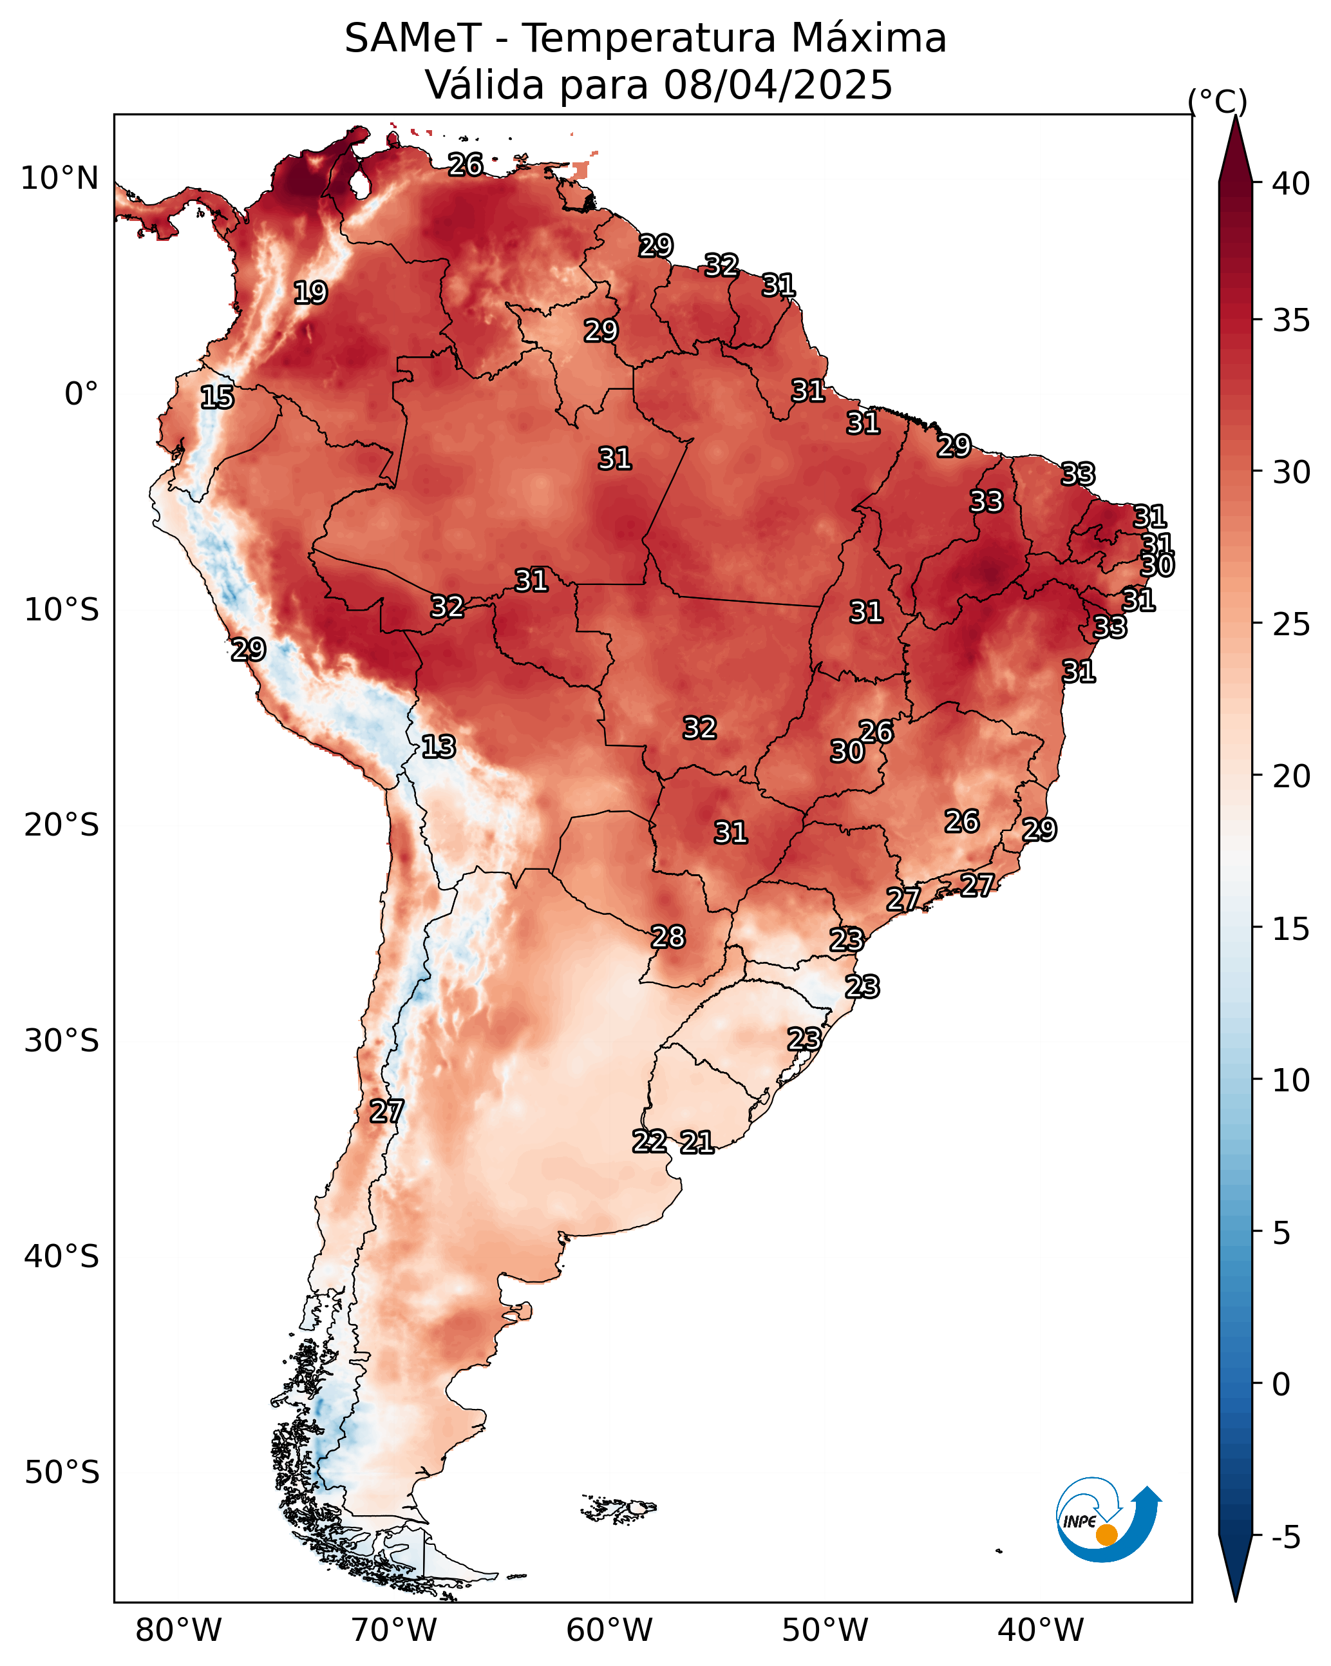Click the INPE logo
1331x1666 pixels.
tap(1107, 1522)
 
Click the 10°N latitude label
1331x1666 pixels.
tap(59, 178)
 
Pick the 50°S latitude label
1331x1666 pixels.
tap(62, 1473)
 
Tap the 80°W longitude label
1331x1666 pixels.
tap(178, 1630)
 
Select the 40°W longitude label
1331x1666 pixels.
tap(1041, 1630)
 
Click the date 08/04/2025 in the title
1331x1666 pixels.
tap(778, 85)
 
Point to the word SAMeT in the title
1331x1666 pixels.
tap(413, 39)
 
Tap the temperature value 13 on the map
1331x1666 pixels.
tap(439, 747)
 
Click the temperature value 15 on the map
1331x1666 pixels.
tap(217, 397)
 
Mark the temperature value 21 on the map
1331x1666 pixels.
tap(697, 1142)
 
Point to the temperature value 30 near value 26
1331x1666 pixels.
tap(847, 751)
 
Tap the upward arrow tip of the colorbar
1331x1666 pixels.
tap(1235, 120)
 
